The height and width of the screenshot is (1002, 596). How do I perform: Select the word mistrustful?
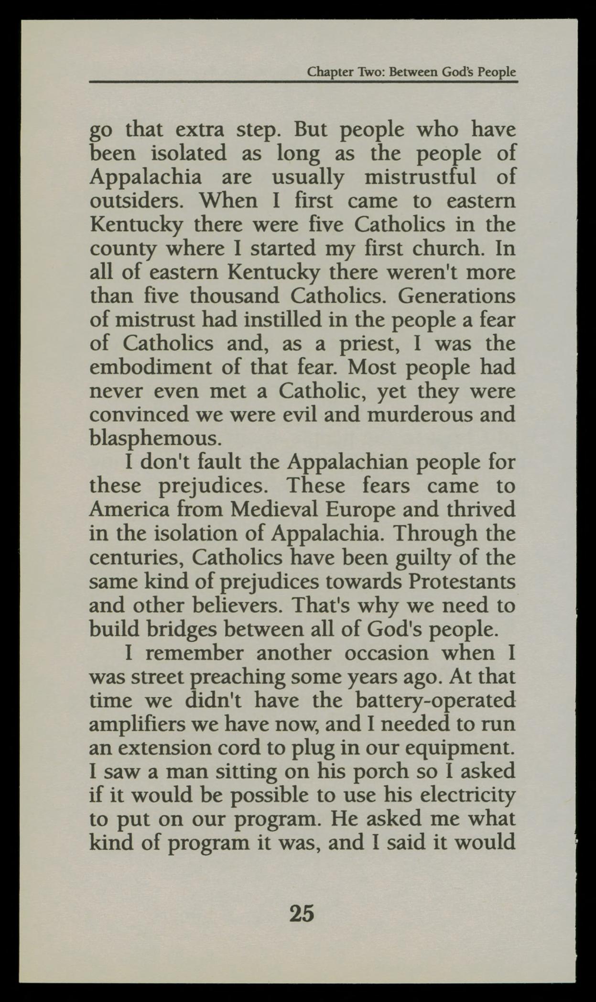pyautogui.click(x=421, y=177)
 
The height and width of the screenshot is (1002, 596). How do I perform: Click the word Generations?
pyautogui.click(x=456, y=296)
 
